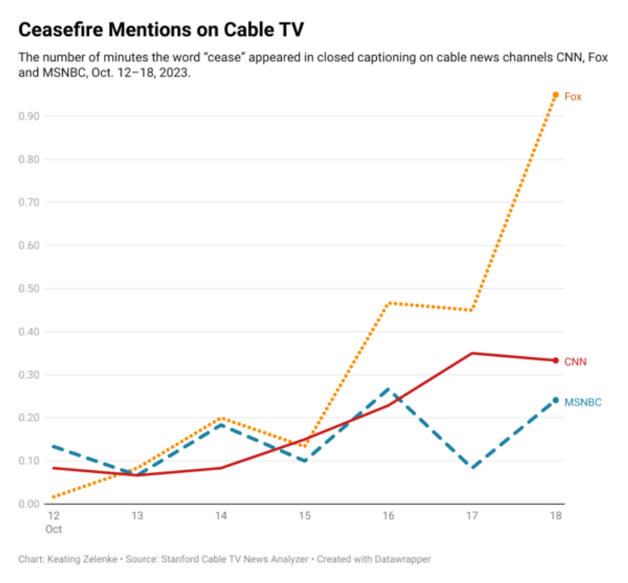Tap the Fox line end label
(573, 97)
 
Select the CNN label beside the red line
(575, 362)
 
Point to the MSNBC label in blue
(583, 402)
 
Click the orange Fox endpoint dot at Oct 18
(556, 95)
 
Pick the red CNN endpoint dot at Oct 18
(556, 360)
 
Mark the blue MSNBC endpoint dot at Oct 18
(556, 400)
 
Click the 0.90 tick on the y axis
(30, 117)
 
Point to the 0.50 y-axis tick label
(30, 289)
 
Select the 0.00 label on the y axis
(30, 504)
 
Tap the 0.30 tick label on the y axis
(30, 375)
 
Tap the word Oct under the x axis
(54, 530)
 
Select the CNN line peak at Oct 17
(473, 353)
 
